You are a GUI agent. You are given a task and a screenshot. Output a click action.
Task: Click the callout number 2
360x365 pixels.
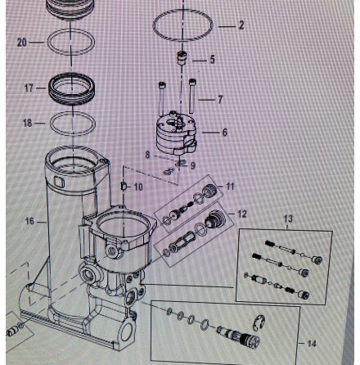tap(240, 25)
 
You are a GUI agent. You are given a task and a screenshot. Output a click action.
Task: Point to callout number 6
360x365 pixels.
tap(224, 131)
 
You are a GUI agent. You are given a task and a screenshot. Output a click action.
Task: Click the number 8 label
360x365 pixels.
tap(147, 153)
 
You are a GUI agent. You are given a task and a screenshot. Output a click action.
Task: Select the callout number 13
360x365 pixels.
tap(287, 219)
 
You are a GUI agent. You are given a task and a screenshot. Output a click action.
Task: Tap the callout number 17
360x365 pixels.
tap(29, 87)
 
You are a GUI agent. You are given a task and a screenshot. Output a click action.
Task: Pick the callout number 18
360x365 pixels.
tap(29, 122)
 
